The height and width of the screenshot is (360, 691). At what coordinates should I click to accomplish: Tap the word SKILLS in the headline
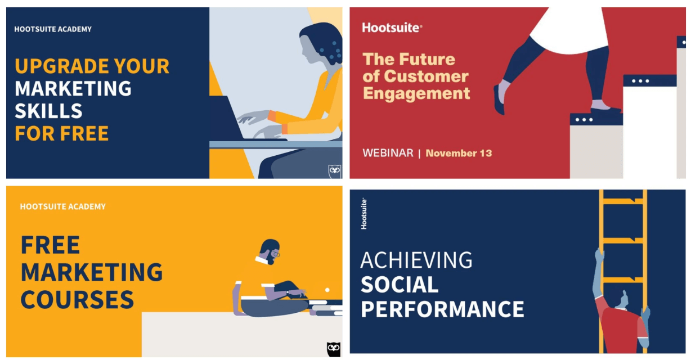(48, 111)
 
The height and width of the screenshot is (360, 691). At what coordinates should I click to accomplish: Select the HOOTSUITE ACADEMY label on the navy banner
(53, 29)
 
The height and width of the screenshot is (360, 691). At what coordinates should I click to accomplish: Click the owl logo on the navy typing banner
(335, 171)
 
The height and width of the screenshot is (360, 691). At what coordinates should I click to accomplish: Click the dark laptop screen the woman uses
(225, 117)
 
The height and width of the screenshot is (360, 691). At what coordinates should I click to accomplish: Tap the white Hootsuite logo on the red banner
(392, 28)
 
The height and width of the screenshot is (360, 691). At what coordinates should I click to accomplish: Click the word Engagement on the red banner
(416, 93)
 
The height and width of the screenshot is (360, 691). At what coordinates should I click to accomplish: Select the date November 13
(459, 154)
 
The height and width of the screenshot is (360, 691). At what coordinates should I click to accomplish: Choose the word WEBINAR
(388, 153)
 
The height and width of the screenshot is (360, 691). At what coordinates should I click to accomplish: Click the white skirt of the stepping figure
(571, 29)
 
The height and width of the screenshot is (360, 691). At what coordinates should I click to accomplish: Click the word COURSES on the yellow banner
(77, 300)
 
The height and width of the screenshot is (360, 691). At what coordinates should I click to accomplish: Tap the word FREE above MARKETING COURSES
(50, 245)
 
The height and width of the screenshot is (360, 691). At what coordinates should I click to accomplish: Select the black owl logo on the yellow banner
(334, 349)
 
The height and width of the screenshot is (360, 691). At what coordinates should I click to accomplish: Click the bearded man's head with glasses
(270, 251)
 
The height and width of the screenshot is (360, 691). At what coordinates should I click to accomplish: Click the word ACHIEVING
(416, 260)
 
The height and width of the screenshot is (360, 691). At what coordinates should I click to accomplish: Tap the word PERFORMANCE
(442, 309)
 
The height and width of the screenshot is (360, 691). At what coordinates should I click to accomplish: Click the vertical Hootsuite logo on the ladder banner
(364, 214)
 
